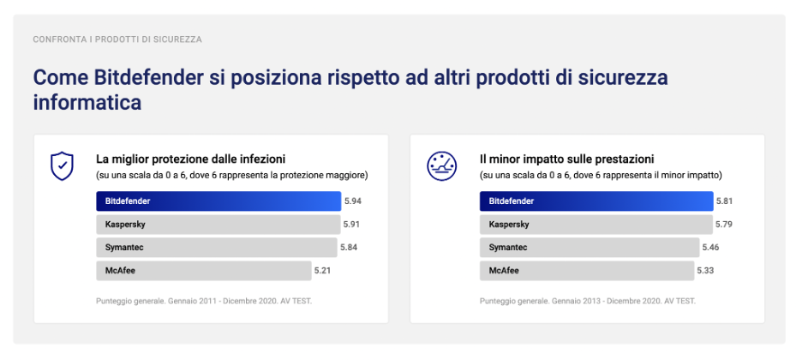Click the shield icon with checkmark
(62, 165)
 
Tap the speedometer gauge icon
(442, 166)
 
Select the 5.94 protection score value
(353, 201)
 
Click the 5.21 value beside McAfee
(322, 271)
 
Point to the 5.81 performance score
(724, 201)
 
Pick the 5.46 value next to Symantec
(710, 248)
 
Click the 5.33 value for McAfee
(705, 271)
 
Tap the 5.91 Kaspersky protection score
(352, 224)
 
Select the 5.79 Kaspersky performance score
(724, 224)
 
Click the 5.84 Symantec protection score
(349, 248)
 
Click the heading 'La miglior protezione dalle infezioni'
(191, 159)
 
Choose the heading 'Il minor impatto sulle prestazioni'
(566, 159)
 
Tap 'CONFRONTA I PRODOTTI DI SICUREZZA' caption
(117, 39)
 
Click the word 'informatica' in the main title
(87, 102)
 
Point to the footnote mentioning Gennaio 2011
(204, 301)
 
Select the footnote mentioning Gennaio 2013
(588, 301)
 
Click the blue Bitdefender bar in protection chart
(218, 201)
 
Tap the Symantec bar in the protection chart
(217, 248)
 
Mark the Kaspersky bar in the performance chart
(596, 224)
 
